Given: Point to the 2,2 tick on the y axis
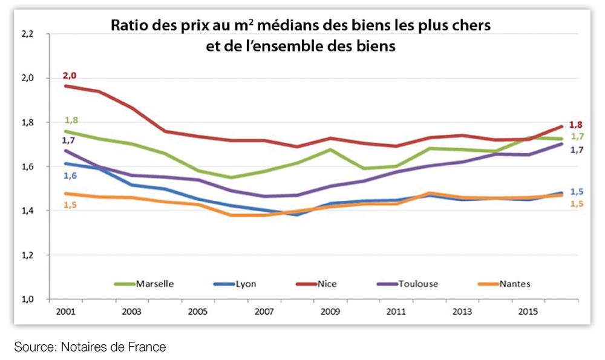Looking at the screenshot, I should point(28,34).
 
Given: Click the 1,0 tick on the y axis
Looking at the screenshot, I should point(28,299).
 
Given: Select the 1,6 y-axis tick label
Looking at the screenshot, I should point(28,167).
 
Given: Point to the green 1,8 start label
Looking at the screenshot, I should point(71,120).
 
